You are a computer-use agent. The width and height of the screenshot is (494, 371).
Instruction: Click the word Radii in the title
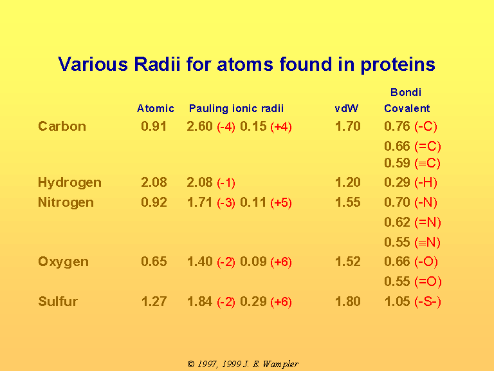pyautogui.click(x=157, y=64)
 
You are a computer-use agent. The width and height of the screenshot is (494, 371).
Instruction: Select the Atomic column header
pyautogui.click(x=155, y=108)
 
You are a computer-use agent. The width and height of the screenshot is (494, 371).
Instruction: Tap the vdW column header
pyautogui.click(x=346, y=108)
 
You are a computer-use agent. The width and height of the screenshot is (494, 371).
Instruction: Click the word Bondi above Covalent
pyautogui.click(x=405, y=92)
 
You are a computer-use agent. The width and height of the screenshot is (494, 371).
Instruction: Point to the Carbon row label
pyautogui.click(x=62, y=126)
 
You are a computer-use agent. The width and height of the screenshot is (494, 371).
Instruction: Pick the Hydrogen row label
pyautogui.click(x=69, y=183)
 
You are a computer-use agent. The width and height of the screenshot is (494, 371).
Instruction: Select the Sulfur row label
pyautogui.click(x=58, y=301)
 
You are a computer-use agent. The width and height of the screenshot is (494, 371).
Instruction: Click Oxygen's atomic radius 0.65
pyautogui.click(x=154, y=262)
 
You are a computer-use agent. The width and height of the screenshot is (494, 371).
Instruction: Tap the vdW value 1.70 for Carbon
pyautogui.click(x=348, y=126)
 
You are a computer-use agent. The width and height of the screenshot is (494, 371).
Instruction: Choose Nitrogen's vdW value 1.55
pyautogui.click(x=348, y=202)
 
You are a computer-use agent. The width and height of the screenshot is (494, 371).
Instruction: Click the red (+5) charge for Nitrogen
pyautogui.click(x=281, y=202)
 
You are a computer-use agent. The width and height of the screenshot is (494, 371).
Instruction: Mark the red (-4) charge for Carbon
pyautogui.click(x=226, y=127)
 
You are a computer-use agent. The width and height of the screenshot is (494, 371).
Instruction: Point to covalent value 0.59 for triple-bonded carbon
pyautogui.click(x=397, y=163)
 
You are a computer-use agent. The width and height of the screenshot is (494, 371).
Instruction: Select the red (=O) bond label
pyautogui.click(x=428, y=281)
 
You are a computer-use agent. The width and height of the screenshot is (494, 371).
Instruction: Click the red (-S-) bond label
pyautogui.click(x=428, y=301)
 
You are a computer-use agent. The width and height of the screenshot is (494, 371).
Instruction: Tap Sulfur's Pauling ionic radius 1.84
pyautogui.click(x=200, y=301)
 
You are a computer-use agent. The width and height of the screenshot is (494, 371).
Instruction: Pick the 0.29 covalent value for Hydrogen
pyautogui.click(x=397, y=182)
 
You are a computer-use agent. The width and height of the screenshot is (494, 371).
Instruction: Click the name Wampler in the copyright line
pyautogui.click(x=280, y=365)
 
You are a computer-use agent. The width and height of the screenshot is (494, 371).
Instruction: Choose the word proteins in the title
pyautogui.click(x=398, y=65)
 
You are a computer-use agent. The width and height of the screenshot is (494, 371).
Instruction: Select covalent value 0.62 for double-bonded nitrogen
pyautogui.click(x=397, y=222)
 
